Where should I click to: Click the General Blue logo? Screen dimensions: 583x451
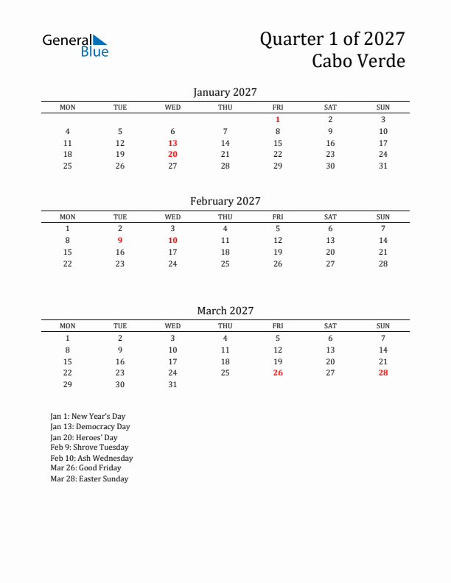75,45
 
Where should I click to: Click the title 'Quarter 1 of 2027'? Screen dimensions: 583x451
332,38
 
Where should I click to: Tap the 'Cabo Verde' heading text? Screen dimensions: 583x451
358,61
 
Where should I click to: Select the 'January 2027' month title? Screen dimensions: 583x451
225,92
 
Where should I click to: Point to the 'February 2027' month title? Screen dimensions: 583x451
225,201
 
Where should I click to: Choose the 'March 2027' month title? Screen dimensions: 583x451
225,311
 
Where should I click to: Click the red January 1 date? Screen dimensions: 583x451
278,119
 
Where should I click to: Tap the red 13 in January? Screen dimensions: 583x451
172,143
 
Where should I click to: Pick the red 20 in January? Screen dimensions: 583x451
172,154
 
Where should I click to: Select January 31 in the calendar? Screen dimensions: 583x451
383,166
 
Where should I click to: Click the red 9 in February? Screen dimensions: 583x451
120,240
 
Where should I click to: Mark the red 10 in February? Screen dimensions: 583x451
172,240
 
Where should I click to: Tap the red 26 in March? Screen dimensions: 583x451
278,372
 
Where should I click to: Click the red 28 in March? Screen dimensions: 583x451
383,372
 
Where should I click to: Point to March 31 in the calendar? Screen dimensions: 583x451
172,384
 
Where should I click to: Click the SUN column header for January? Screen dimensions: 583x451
383,107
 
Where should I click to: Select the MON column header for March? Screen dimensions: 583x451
68,326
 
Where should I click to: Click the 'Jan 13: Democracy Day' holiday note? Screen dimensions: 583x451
90,427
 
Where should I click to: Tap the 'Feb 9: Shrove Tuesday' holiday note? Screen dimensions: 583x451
89,448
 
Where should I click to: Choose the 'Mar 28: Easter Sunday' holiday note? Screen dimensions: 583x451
89,478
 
